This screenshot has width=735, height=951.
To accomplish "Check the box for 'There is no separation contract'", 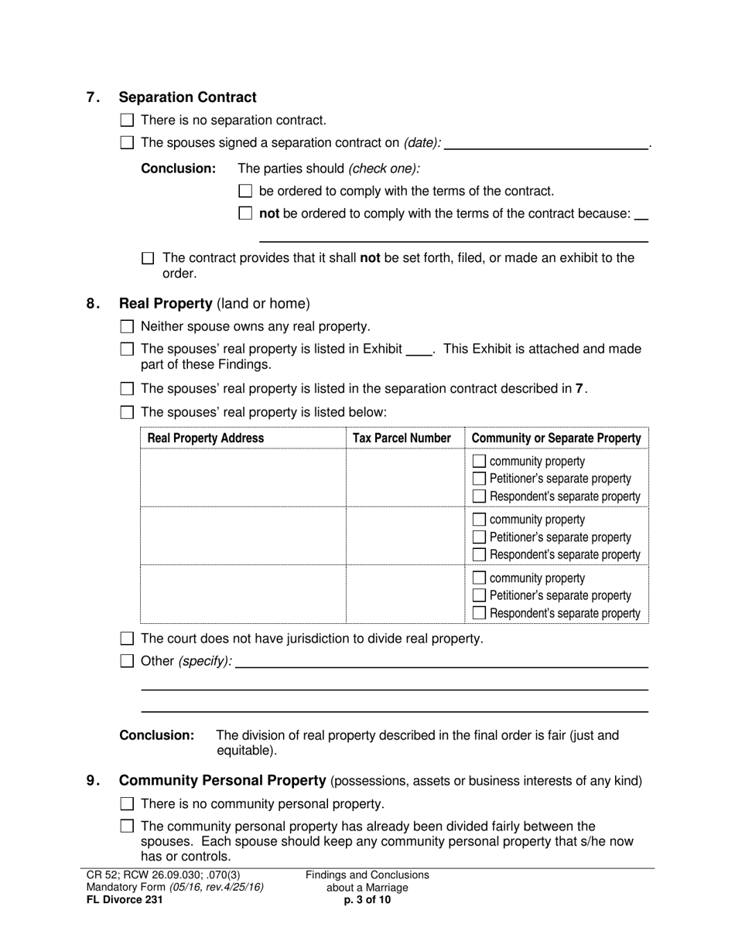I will point(128,120).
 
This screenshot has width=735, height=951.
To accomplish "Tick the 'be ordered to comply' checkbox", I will point(246,191).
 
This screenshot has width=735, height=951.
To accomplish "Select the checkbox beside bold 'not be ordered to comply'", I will point(246,213).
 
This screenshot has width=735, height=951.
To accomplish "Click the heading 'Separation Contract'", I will point(187,97).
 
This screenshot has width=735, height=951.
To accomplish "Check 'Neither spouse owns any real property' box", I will point(128,326).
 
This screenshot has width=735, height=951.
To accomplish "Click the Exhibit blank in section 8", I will point(419,349).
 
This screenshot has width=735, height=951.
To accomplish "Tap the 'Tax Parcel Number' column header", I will point(402,438).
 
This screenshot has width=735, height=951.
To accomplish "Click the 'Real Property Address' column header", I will point(206,438).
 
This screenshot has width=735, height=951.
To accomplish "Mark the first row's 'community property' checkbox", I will point(479,462).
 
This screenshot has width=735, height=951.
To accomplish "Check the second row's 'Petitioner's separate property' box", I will point(479,537).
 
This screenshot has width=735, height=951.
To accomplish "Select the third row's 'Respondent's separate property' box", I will point(479,613).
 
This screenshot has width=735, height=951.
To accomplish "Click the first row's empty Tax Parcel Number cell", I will point(405,478).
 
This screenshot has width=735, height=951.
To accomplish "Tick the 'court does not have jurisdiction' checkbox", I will point(128,639).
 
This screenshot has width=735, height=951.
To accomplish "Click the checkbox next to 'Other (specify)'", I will point(128,661).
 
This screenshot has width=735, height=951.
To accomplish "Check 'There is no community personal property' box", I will point(128,804).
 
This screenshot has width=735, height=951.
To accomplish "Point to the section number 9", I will point(92,781).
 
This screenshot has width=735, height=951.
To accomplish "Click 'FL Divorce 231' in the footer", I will point(125,899).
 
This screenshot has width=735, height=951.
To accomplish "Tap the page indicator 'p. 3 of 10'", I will point(367,899).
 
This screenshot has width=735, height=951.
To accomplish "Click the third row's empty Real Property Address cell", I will point(243,594).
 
